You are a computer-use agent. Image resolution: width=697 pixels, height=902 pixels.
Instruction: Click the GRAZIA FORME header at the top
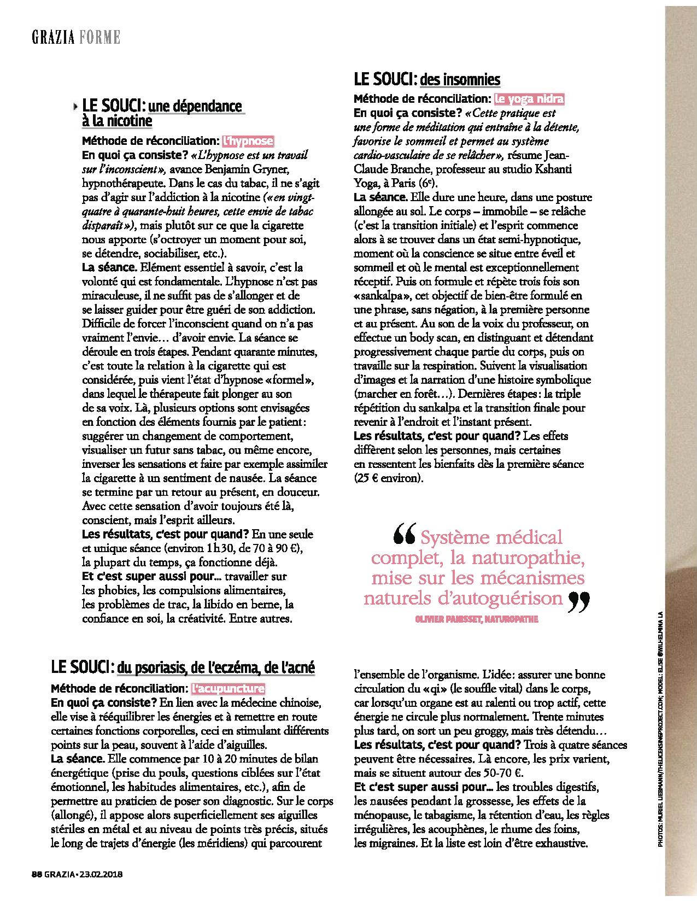coord(75,37)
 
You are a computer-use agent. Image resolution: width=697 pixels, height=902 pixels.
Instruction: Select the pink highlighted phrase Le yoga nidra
coord(529,99)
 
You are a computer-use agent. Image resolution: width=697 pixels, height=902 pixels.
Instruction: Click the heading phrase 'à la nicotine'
coord(117,120)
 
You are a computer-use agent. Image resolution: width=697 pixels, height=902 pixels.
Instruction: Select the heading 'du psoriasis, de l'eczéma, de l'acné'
coord(216,667)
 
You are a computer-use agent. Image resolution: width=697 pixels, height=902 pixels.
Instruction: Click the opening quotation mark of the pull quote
coord(404,536)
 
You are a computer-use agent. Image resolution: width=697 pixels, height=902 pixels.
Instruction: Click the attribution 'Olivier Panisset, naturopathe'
coord(477,619)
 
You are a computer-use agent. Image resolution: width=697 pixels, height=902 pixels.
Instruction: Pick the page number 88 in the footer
coord(37,889)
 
